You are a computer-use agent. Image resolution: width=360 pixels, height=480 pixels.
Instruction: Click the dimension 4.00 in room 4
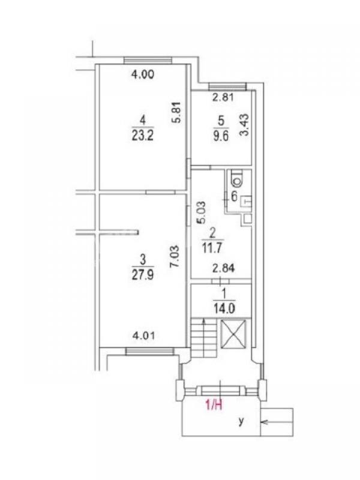click(x=143, y=74)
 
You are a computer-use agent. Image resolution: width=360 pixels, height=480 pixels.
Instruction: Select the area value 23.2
click(x=143, y=136)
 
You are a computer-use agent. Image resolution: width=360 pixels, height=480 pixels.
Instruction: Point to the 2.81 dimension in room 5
click(x=223, y=97)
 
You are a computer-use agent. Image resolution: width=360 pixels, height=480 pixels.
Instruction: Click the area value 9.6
click(x=221, y=136)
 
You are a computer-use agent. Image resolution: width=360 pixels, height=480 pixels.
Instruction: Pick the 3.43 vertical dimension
click(x=245, y=124)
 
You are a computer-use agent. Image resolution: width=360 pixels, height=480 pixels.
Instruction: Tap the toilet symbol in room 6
click(x=238, y=178)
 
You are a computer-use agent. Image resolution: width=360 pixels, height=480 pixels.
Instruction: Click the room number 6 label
click(x=234, y=196)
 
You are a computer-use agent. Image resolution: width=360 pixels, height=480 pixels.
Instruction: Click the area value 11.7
click(x=212, y=247)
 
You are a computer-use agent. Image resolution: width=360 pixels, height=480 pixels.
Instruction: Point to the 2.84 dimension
click(x=224, y=268)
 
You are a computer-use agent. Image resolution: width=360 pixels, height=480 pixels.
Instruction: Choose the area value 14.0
click(x=224, y=308)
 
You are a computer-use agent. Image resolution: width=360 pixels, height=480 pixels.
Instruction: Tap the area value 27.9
click(x=143, y=275)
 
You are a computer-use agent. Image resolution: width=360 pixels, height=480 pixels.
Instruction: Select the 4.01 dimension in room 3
click(x=143, y=336)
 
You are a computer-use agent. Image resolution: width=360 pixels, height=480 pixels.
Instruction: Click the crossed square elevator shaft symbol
click(x=233, y=334)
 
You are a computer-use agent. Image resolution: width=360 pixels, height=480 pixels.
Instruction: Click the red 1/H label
click(x=214, y=406)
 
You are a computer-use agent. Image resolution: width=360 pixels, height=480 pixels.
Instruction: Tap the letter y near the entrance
click(x=242, y=422)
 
